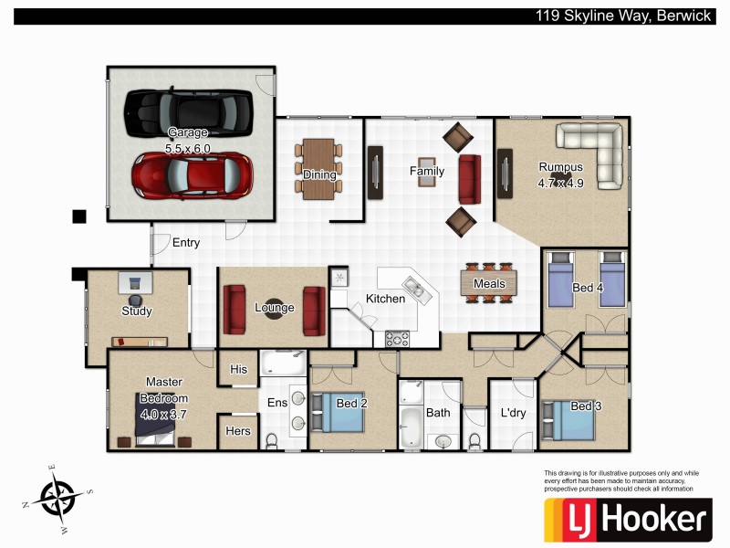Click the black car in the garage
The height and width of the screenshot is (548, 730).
click(187, 111)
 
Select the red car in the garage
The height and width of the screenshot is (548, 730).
click(192, 174)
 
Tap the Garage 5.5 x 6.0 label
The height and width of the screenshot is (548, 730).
click(187, 140)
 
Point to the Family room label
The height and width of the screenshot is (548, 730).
click(427, 171)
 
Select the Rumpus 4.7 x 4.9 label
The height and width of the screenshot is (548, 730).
click(560, 174)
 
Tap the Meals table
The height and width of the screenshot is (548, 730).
click(489, 283)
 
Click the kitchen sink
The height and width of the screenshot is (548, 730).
click(416, 290)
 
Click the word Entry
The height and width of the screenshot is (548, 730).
click(185, 243)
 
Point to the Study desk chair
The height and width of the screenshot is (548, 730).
click(136, 298)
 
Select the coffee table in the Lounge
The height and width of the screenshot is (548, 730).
click(274, 308)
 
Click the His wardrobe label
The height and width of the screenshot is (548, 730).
click(239, 370)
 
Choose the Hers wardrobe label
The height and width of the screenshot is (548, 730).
click(238, 431)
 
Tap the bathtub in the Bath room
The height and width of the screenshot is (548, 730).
click(412, 427)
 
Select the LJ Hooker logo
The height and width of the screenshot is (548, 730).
click(627, 520)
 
